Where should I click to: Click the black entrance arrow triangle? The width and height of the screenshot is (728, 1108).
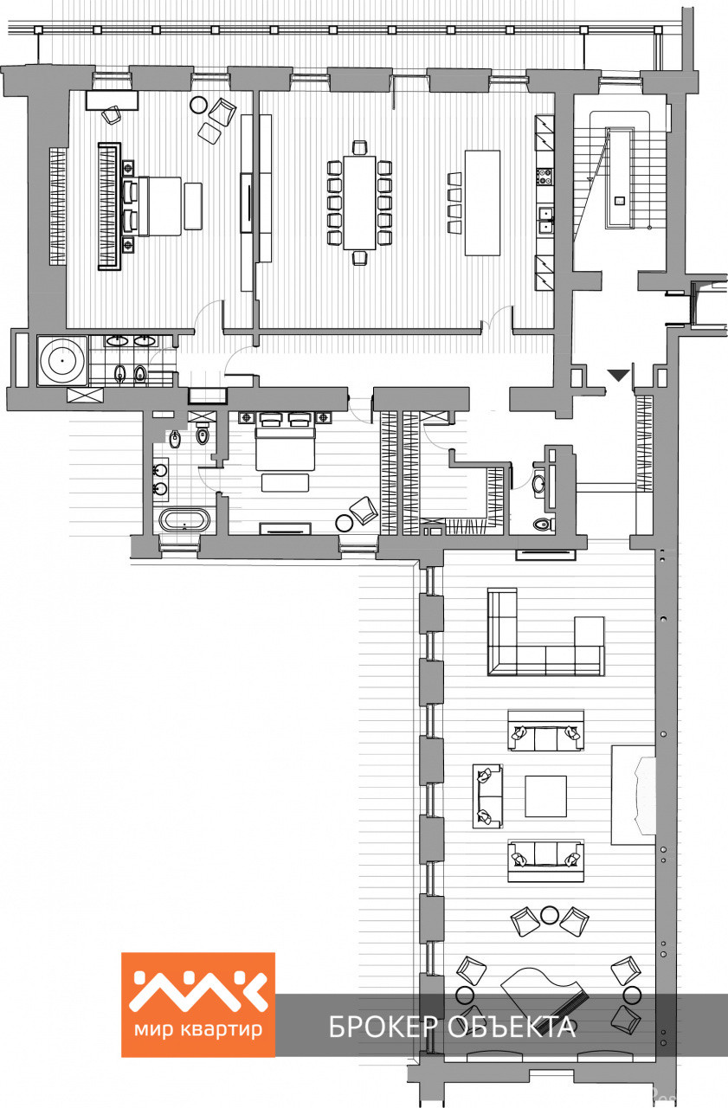pyautogui.click(x=618, y=375)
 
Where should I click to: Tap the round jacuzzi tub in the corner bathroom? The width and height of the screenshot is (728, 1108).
pyautogui.click(x=62, y=361)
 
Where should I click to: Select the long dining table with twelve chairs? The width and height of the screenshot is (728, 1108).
pyautogui.click(x=359, y=203)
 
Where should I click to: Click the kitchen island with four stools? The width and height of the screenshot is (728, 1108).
pyautogui.click(x=482, y=203)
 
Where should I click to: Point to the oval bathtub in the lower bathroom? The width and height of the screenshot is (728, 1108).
pyautogui.click(x=184, y=520)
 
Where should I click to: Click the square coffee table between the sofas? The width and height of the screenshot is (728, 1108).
pyautogui.click(x=545, y=796)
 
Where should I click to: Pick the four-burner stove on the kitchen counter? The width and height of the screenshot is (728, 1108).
pyautogui.click(x=545, y=177)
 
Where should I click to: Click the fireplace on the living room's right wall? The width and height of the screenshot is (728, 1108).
pyautogui.click(x=634, y=795)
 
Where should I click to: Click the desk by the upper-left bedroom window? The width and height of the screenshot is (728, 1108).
pyautogui.click(x=112, y=100)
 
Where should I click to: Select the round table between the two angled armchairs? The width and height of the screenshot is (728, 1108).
pyautogui.click(x=550, y=915)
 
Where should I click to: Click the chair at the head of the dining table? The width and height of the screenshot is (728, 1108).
pyautogui.click(x=360, y=147)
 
